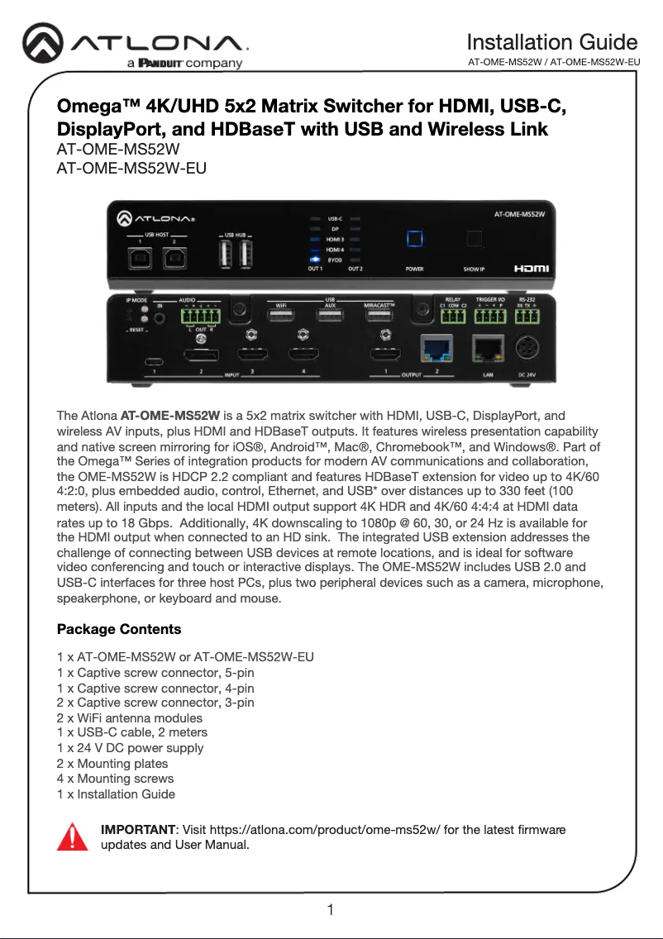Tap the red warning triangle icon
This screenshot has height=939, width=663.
pos(72,836)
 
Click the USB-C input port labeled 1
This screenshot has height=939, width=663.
pos(154,362)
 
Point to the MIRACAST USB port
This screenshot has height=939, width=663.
pos(381,314)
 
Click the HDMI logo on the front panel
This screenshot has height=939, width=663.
pos(531,269)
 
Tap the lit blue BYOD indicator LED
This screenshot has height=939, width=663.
pos(315,260)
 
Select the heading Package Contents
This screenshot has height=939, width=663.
pos(119,629)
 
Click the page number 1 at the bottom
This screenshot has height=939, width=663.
pos(331,911)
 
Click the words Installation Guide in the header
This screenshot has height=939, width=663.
pos(551,42)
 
